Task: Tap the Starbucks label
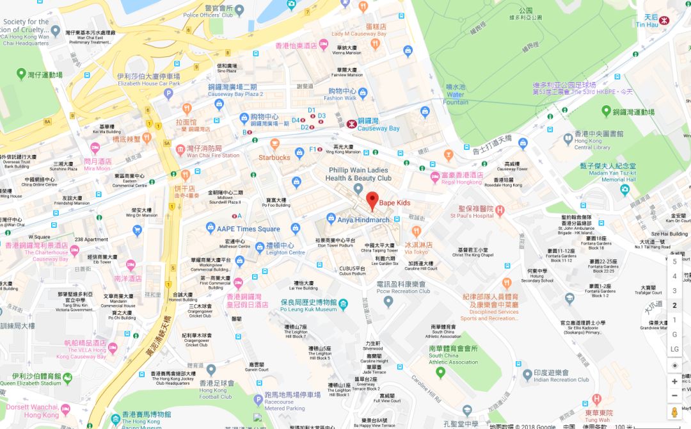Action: (x=274, y=157)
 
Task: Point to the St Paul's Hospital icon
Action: (x=500, y=209)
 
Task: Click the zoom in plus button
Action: (x=674, y=381)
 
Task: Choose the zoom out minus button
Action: (x=674, y=396)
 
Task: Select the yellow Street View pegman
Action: (x=674, y=412)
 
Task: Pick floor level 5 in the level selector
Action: (x=674, y=261)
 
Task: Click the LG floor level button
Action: (x=674, y=349)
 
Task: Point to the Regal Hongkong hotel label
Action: (x=462, y=178)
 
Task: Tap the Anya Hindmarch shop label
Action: (x=363, y=220)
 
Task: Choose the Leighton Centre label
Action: (x=285, y=248)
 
